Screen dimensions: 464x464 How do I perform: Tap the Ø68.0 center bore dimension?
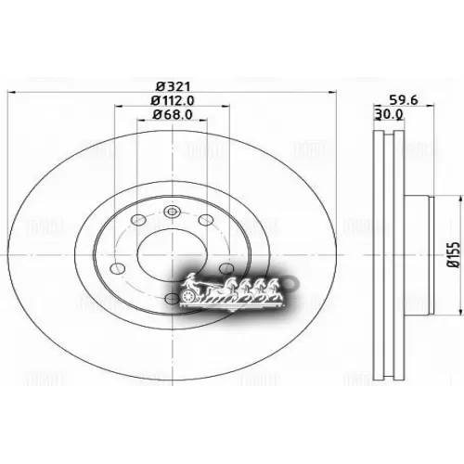[x=171, y=116]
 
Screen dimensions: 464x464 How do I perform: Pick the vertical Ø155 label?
[x=454, y=251]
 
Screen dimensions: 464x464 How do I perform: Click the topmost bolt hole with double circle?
[x=171, y=212]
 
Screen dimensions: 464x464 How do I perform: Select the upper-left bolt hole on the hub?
[x=137, y=221]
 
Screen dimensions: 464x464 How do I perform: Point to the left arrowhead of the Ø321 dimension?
[x=11, y=92]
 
